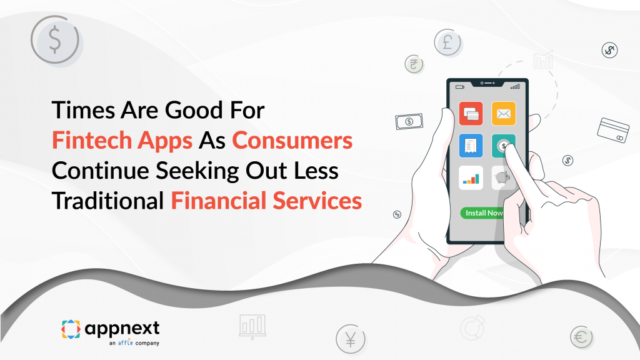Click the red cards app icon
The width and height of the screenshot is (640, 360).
tap(472, 113)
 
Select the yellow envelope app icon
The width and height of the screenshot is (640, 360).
tap(503, 113)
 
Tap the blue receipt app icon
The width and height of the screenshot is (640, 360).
tap(472, 146)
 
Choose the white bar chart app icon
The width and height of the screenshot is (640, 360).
tap(472, 177)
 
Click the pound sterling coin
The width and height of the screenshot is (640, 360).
tap(447, 42)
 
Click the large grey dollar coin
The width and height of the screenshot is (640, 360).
tap(55, 39)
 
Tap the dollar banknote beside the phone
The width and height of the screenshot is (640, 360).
tap(409, 121)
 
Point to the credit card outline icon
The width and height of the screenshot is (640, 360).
tap(612, 129)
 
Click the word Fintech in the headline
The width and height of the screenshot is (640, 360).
tap(87, 141)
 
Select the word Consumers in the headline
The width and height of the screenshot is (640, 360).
tap(292, 141)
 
